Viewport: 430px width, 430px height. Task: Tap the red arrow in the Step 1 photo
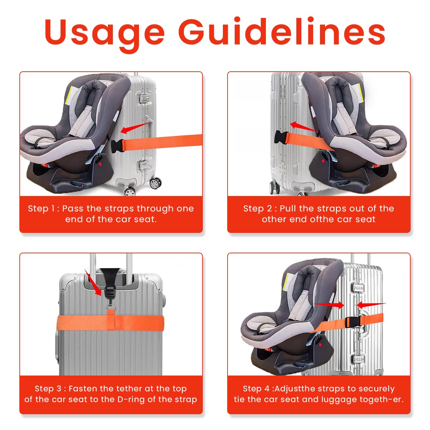(x=135, y=128)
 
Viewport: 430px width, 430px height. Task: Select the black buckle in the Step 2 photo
(x=280, y=138)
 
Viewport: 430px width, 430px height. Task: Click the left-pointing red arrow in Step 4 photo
(x=371, y=305)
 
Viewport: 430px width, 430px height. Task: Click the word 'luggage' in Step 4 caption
(x=326, y=399)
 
